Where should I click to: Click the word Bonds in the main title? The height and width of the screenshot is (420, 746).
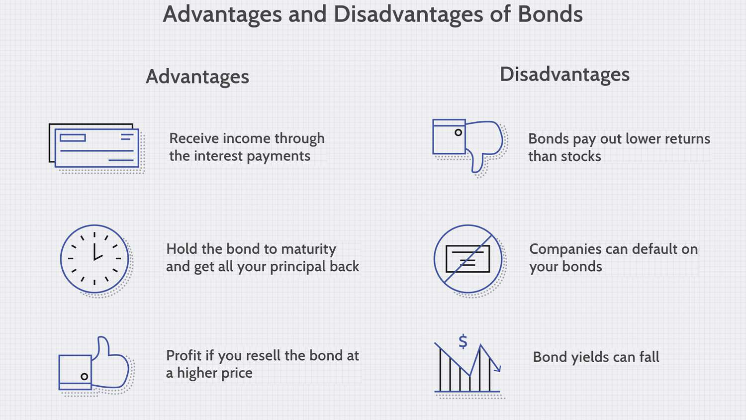[x=550, y=14]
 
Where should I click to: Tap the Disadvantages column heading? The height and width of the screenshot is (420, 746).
[x=565, y=74]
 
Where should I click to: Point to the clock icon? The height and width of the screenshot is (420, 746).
[x=94, y=259]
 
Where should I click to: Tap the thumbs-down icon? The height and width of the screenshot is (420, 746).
[x=467, y=146]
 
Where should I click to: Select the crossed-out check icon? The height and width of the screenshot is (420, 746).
[x=468, y=259]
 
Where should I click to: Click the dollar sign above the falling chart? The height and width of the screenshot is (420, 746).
[x=463, y=342]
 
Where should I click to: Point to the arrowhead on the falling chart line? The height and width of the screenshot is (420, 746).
[x=498, y=368]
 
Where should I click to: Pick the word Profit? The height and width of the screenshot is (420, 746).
[x=184, y=356]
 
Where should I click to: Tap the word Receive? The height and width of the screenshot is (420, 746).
[x=194, y=139]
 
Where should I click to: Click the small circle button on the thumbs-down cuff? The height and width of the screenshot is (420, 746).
[x=458, y=132]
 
